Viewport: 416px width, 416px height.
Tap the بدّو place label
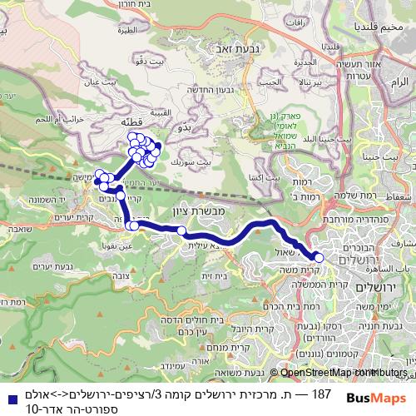pos(188,128)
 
